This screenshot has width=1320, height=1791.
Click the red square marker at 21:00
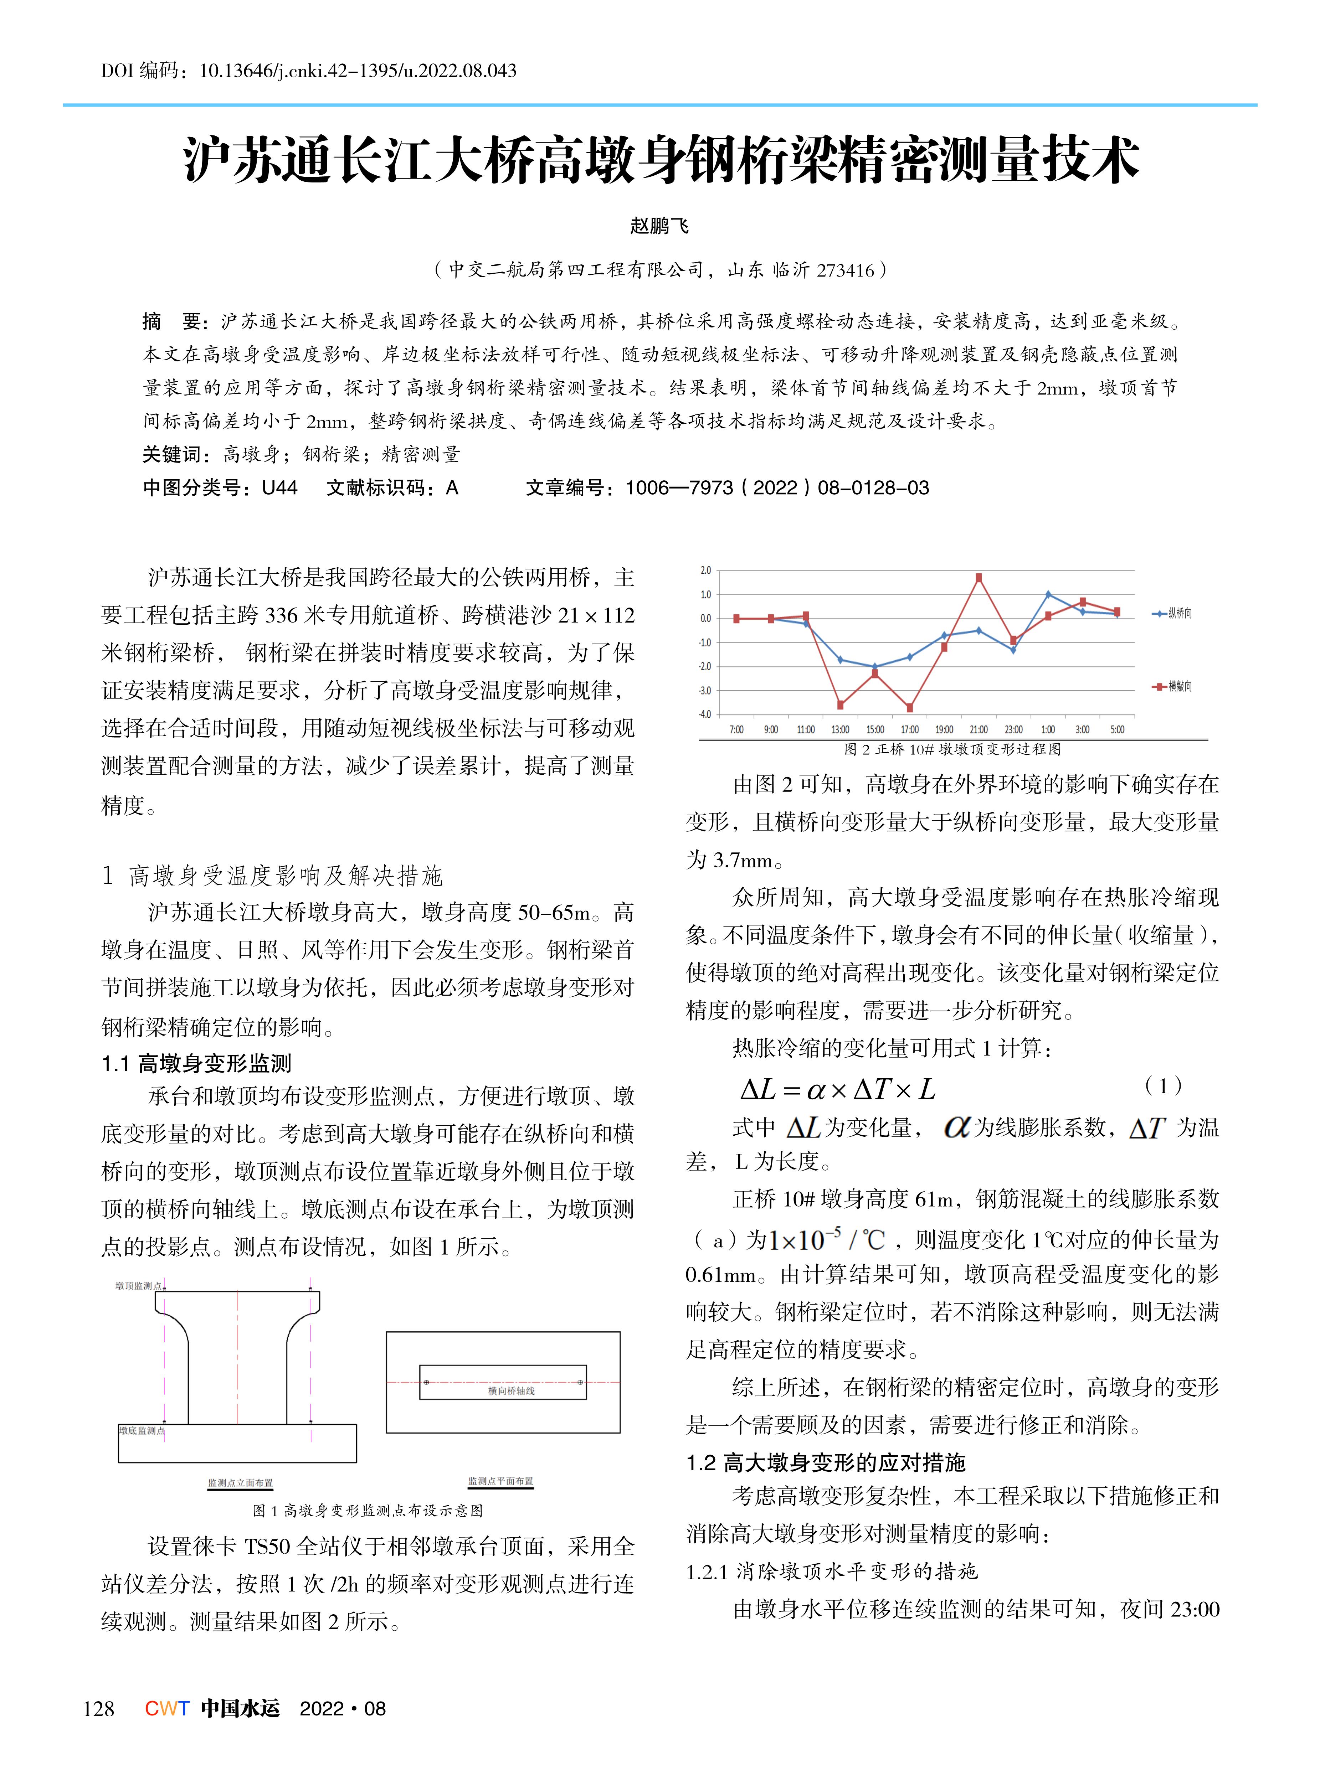tap(979, 577)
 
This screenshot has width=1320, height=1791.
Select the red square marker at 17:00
tap(909, 707)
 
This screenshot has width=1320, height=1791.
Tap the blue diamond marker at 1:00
tap(1048, 594)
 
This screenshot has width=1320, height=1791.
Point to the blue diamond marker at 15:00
tap(875, 666)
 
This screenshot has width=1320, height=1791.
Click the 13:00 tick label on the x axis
tap(840, 729)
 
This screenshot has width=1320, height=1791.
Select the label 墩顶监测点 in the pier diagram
tap(138, 1285)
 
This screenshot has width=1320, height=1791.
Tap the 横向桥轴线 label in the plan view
tap(512, 1391)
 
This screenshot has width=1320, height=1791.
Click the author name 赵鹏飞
tap(659, 226)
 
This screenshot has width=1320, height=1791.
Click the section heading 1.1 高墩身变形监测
tap(196, 1063)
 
